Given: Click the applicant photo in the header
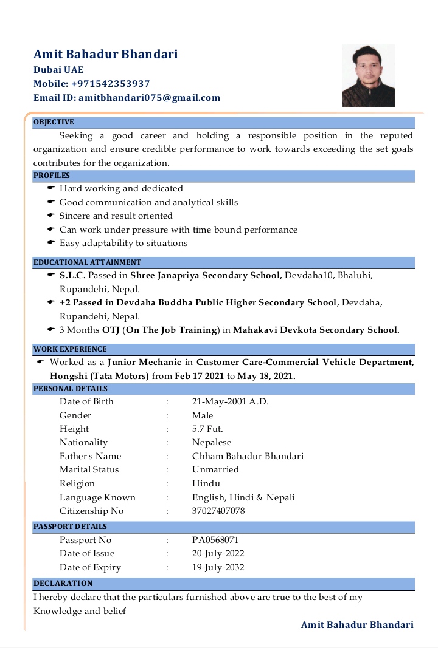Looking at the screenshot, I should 369,75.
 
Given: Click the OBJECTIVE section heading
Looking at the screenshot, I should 54,122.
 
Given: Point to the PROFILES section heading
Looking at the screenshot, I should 52,176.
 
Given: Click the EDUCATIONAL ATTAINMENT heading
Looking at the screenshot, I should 88,262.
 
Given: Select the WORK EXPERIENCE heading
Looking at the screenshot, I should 70,349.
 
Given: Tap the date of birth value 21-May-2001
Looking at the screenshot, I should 230,401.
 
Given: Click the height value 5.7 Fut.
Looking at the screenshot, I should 207,429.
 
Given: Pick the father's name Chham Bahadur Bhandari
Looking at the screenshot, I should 248,456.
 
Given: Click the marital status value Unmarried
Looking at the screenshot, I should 215,469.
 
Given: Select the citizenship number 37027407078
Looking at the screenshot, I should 218,511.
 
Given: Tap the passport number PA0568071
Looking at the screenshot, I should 215,540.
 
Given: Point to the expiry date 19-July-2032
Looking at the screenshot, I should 218,567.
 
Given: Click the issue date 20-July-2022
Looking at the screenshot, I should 218,553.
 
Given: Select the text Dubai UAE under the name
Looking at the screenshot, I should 58,70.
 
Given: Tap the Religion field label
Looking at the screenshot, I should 77,483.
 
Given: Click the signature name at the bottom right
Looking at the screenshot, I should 357,625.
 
